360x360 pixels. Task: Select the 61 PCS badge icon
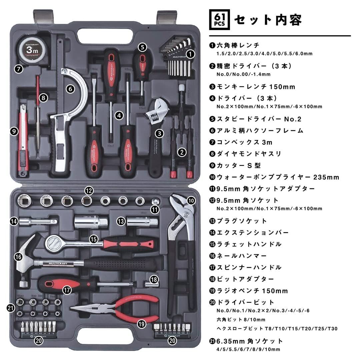(x=220, y=19)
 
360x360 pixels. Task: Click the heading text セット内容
(x=268, y=20)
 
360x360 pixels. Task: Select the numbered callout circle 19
(x=142, y=323)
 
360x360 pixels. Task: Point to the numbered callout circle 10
(x=190, y=200)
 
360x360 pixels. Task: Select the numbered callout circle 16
(x=18, y=257)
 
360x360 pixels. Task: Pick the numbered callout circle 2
(x=181, y=152)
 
